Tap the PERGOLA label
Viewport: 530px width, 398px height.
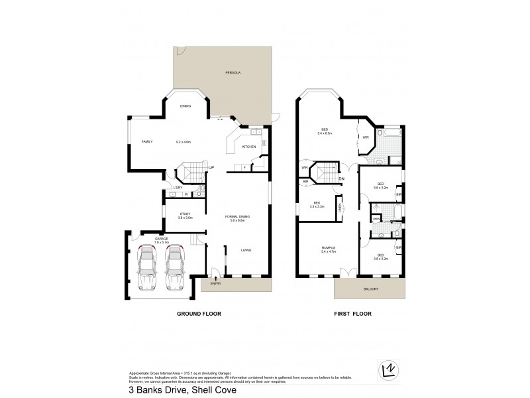[x=231, y=70]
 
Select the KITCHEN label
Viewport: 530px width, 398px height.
[x=248, y=147]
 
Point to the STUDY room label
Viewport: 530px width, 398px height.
[x=184, y=214]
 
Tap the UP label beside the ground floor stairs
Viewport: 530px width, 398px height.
[x=211, y=167]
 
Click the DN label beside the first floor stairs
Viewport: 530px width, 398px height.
[x=341, y=178]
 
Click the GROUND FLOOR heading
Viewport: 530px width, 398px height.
[x=198, y=313]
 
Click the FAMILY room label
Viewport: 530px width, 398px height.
[x=146, y=141]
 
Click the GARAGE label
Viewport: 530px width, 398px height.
[x=162, y=238]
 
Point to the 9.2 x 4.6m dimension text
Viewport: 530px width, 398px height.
[x=183, y=141]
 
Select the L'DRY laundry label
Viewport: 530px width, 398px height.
[x=178, y=187]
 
